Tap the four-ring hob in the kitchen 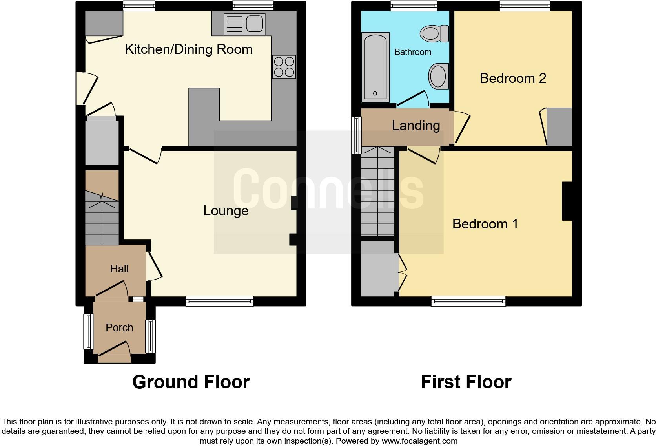[284, 67]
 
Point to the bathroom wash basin [438, 76]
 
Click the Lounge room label [226, 211]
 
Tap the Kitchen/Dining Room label [188, 49]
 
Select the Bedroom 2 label [513, 79]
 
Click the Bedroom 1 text [485, 224]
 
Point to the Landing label [415, 126]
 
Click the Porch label [119, 328]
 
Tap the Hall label [119, 269]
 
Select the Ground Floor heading [191, 382]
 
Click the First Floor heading [466, 382]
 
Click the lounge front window [220, 301]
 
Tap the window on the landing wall [356, 135]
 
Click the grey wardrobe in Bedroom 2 [559, 127]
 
